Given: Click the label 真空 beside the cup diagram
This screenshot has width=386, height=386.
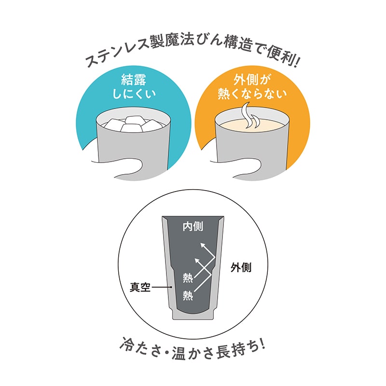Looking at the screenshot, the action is tap(140, 287).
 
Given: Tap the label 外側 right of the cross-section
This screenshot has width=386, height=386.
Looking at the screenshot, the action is tap(241, 267).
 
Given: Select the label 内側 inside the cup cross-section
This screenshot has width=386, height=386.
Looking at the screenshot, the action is tap(193, 226).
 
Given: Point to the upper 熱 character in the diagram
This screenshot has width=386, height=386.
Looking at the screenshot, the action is tap(188, 278).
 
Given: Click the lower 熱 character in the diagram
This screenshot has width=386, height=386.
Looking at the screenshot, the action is tap(188, 295).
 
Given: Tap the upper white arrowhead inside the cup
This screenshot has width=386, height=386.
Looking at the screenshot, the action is tap(203, 246).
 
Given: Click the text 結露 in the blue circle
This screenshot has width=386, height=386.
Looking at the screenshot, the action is tap(134, 80).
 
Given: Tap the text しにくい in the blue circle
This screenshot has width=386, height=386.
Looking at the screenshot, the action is tap(134, 94).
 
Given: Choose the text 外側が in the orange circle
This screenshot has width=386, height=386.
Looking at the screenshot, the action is tap(252, 80).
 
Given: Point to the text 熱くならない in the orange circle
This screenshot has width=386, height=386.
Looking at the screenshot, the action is tap(252, 94).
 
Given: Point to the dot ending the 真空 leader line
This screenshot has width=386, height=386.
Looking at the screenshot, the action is tap(172, 287).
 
